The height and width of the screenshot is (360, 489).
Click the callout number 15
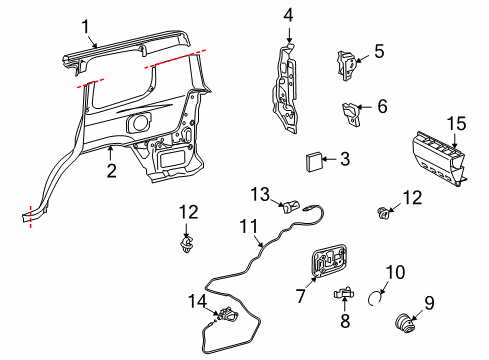tap(456, 124)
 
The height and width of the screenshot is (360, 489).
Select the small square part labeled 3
tap(313, 161)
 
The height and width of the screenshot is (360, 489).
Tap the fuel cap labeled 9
tap(404, 323)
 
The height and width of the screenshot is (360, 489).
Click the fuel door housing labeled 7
tap(329, 260)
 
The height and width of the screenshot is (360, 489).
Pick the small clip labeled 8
tap(344, 292)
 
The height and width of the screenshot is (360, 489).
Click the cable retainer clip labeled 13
tap(291, 206)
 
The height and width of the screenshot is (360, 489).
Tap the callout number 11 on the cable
tap(249, 227)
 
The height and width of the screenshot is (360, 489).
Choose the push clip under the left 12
tap(186, 244)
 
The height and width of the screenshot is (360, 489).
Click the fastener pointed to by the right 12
tap(383, 212)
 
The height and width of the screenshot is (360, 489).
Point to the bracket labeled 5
tap(347, 66)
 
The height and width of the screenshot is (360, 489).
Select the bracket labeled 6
tap(351, 115)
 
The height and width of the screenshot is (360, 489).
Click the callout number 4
tap(288, 16)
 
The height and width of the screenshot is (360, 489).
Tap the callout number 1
tap(86, 27)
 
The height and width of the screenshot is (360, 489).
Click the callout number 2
tap(112, 171)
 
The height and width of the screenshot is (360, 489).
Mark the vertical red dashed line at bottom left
tap(31, 217)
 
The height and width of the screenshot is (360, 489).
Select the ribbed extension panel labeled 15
tap(438, 158)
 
